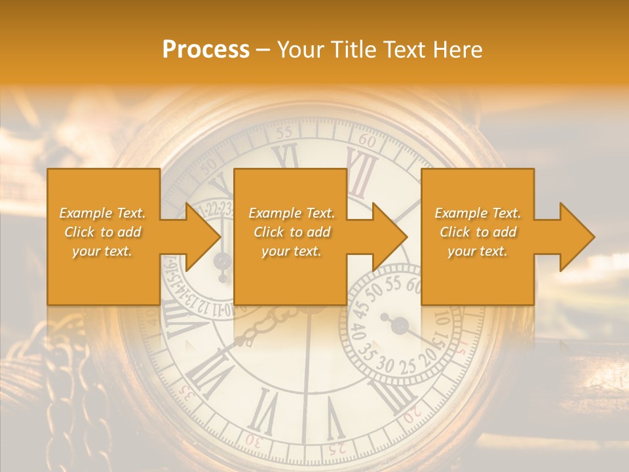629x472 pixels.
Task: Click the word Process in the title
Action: click(x=206, y=50)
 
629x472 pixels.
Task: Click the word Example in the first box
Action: click(x=85, y=213)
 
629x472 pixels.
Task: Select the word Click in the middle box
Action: click(x=269, y=232)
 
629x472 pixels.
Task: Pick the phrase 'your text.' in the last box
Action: click(x=477, y=251)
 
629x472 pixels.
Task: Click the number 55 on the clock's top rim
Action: click(x=284, y=132)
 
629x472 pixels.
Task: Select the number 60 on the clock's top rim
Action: click(x=368, y=141)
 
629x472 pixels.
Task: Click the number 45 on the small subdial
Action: click(x=358, y=307)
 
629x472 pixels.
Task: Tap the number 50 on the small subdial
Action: click(x=374, y=290)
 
